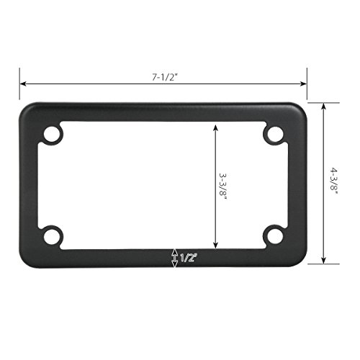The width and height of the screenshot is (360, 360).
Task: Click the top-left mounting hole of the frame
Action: pyautogui.click(x=53, y=135)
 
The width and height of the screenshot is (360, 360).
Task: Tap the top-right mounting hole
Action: pyautogui.click(x=274, y=135)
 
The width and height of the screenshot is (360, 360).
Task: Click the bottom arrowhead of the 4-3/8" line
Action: pyautogui.click(x=324, y=262)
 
